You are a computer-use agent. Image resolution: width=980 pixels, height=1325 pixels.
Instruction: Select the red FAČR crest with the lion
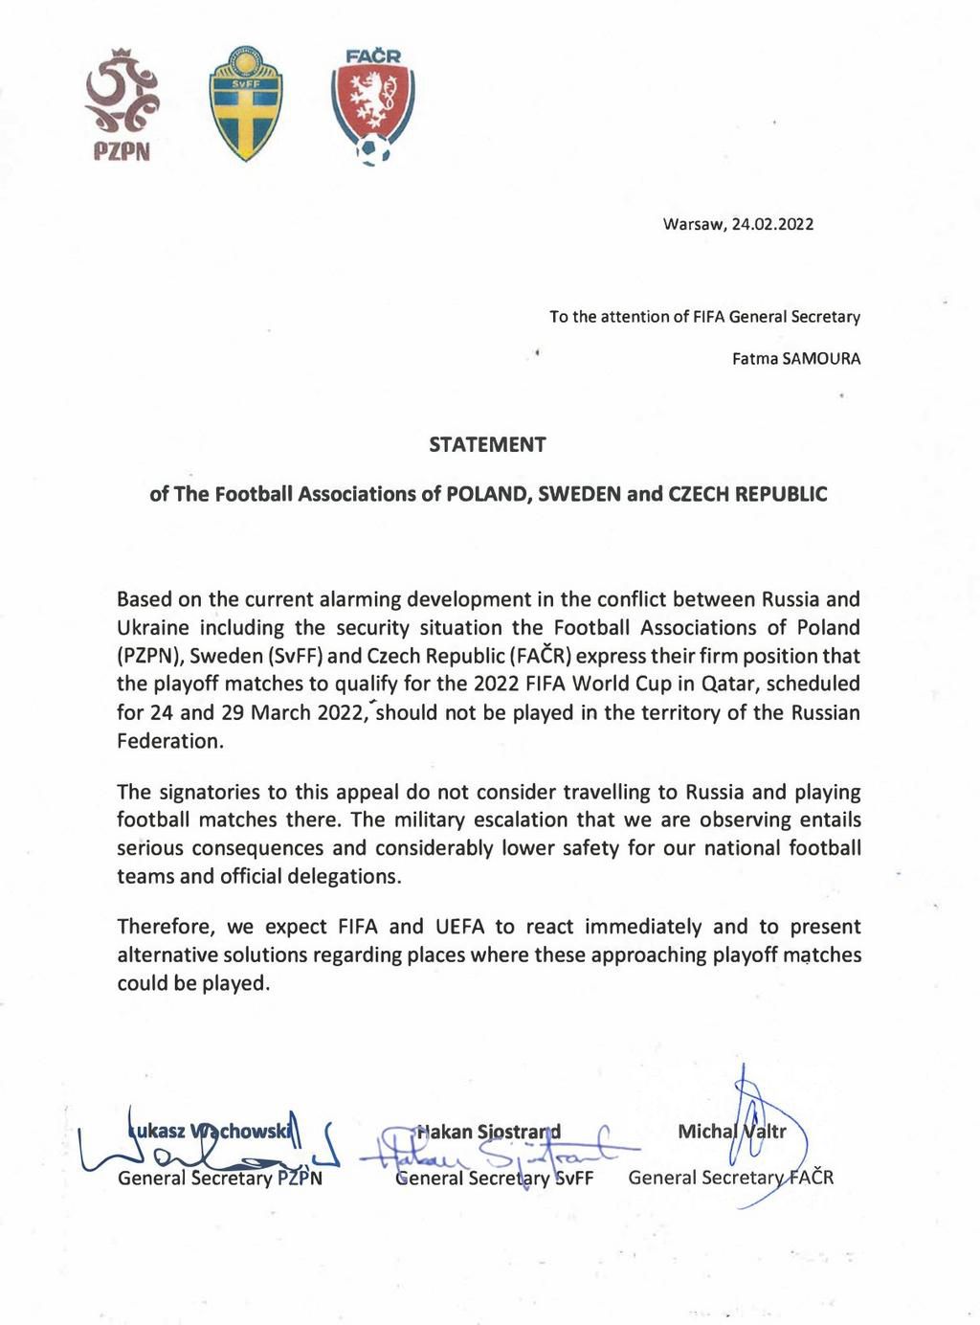(372, 105)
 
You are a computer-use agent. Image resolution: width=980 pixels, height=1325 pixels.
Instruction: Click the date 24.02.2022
(772, 225)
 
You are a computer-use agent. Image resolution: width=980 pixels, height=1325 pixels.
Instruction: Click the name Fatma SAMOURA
(795, 360)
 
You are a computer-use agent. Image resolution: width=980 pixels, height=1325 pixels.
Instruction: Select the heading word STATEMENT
(487, 444)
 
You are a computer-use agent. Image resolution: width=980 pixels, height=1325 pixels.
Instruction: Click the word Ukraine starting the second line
(153, 628)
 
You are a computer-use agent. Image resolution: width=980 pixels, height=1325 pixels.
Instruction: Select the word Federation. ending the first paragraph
(169, 741)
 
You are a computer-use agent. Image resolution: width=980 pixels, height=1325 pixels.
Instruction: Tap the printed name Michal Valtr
(731, 1132)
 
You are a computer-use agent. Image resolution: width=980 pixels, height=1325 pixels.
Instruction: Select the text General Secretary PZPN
(220, 1178)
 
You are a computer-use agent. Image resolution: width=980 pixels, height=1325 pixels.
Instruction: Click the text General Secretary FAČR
(730, 1178)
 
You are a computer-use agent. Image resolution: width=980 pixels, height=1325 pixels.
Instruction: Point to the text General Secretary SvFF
(495, 1178)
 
